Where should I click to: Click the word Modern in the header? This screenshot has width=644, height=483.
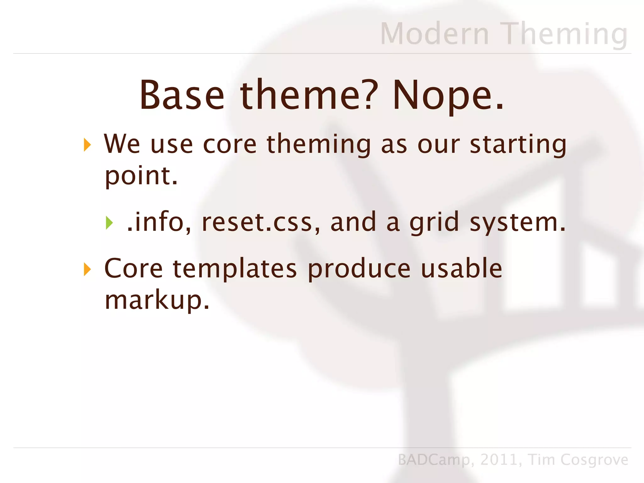point(435,34)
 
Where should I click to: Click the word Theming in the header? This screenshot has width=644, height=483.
point(564,34)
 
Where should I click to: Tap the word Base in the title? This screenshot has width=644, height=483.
point(182,95)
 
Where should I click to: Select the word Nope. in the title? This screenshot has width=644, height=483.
point(448,95)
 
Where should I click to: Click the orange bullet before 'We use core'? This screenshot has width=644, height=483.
point(87,145)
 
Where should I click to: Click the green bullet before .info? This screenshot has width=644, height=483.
point(109,223)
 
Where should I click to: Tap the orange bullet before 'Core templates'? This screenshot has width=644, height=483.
point(87,269)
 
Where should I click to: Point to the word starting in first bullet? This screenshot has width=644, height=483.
point(518,145)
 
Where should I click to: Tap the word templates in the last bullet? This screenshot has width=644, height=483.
point(235,269)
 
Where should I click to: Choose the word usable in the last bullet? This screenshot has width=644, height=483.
point(461,269)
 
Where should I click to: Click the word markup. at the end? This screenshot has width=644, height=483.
point(157,300)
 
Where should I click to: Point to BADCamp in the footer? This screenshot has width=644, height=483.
point(434,460)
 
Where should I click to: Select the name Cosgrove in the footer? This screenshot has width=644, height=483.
point(594,460)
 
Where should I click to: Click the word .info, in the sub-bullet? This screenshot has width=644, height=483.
point(159,222)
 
